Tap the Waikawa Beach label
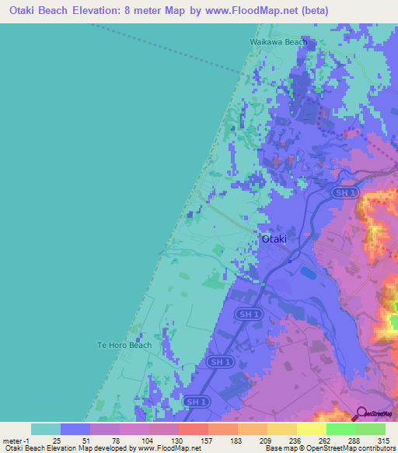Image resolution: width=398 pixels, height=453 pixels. (278, 42)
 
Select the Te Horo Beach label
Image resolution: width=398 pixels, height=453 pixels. (124, 345)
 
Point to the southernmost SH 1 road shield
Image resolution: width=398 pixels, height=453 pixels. (197, 401)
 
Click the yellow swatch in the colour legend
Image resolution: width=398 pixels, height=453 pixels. (312, 429)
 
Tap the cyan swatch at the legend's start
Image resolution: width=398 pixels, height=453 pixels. (46, 429)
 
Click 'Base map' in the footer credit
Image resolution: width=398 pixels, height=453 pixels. (278, 449)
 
